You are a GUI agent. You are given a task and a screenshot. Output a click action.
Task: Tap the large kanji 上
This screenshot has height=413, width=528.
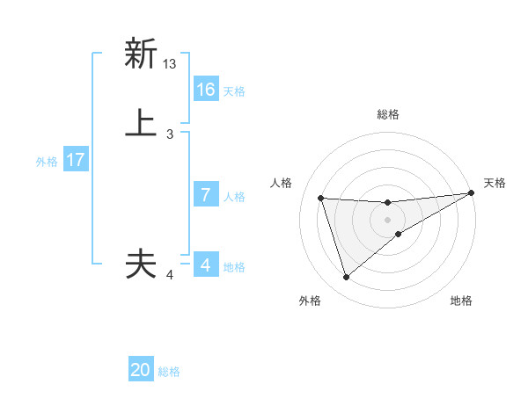(x=141, y=123)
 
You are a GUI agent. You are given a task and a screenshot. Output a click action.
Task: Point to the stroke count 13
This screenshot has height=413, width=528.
(x=170, y=64)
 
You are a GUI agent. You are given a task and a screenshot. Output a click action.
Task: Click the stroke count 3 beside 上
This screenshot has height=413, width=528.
(x=170, y=134)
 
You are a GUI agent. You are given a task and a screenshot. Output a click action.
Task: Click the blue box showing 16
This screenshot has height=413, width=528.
(x=206, y=90)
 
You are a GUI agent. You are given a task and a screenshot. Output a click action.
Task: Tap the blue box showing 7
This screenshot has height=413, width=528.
(x=206, y=195)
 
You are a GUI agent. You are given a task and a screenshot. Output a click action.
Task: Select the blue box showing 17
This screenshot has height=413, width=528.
(x=75, y=160)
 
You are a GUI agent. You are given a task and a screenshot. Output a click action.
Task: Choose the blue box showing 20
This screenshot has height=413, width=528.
(x=141, y=371)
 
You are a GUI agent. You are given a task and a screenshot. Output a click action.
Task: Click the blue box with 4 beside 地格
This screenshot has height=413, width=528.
(x=206, y=265)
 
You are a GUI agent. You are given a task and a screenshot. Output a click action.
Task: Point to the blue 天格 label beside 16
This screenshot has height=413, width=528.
(x=234, y=91)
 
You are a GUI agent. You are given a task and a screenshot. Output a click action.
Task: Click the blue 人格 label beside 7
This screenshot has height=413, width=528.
(x=234, y=197)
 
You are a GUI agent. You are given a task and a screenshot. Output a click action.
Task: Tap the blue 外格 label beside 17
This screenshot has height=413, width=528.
(x=47, y=162)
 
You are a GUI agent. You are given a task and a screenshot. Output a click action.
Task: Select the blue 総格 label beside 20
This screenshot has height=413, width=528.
(x=169, y=373)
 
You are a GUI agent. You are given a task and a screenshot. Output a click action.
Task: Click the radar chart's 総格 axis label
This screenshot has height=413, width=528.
(x=388, y=114)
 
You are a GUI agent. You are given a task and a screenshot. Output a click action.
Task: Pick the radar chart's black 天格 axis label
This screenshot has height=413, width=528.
(x=495, y=183)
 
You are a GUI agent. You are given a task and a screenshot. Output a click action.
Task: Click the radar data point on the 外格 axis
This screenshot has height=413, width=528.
(x=346, y=278)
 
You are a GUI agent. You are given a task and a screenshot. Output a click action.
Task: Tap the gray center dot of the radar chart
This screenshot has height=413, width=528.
(x=388, y=220)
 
